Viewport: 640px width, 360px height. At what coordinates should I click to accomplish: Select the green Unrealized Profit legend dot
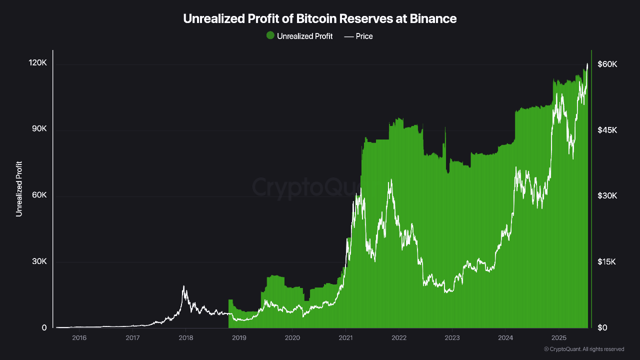point(270,35)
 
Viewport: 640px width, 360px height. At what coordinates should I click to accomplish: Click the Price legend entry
point(358,36)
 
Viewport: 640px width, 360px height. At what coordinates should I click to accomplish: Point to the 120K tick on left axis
point(37,63)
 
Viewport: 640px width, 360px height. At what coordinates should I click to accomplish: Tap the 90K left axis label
point(38,129)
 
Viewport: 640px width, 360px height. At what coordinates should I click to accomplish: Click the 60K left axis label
point(38,195)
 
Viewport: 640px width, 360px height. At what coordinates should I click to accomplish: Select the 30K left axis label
point(38,261)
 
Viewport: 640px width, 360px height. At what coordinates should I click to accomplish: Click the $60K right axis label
point(607,64)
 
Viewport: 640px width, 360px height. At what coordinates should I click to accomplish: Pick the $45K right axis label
point(607,130)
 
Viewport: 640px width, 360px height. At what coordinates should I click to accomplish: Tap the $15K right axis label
point(607,262)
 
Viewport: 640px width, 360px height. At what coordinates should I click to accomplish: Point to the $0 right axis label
point(602,327)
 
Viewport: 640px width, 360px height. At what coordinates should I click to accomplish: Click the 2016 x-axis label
point(79,338)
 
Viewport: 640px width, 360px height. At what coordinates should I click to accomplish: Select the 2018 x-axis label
point(185,338)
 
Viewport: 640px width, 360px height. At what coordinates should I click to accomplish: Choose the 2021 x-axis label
point(345,338)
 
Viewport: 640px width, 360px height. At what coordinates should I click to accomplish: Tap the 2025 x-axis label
point(558,338)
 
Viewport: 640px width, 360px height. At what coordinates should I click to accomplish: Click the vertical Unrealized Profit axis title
point(19,189)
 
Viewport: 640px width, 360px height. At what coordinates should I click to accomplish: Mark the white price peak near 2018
point(183,286)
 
